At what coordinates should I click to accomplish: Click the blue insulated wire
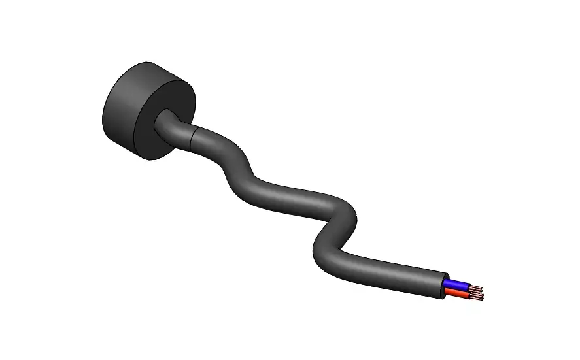coord(458,286)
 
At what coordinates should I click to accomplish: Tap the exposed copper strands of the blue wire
coord(476,289)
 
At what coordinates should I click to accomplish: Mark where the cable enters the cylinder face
coord(163,122)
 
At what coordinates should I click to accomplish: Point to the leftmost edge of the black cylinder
coord(103,114)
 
